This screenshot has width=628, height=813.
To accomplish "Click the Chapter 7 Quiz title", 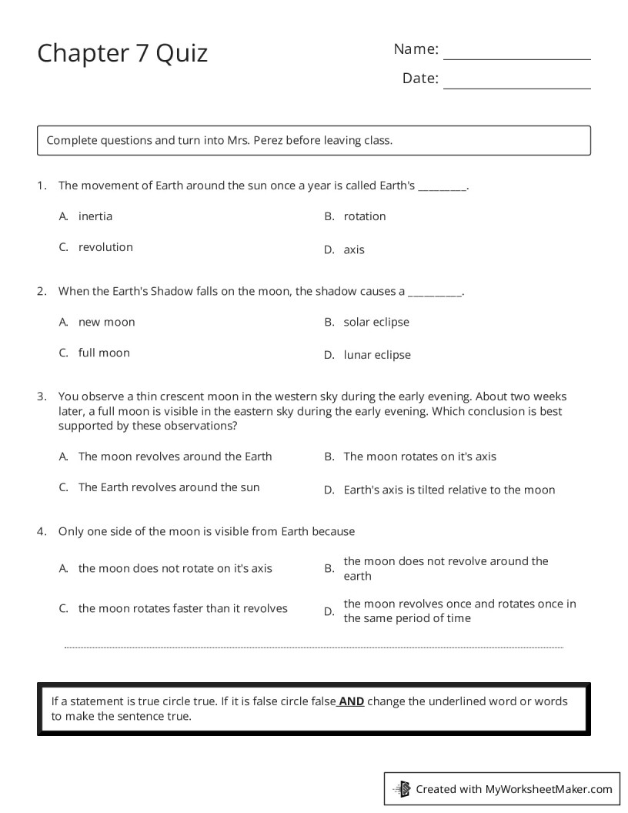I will [x=122, y=53].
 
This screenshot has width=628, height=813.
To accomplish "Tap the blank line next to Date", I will [x=516, y=86].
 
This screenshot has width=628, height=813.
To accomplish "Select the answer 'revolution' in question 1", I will [x=105, y=247].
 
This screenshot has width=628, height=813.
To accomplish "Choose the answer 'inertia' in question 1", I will [x=95, y=216].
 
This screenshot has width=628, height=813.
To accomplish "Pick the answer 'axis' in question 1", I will [x=354, y=249].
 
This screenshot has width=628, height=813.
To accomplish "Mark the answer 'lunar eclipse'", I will [x=377, y=355].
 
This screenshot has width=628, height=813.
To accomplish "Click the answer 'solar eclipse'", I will [x=376, y=322].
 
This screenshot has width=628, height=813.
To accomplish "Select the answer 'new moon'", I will [x=106, y=322].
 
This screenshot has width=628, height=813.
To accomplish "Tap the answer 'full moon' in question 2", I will [x=104, y=353].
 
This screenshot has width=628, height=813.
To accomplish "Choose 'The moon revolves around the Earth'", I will [x=175, y=457].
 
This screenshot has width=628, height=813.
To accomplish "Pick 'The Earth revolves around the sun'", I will [x=169, y=487].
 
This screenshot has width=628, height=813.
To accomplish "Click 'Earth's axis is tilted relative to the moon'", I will [x=449, y=490].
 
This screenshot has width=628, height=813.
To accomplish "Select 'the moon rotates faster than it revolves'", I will [x=182, y=608].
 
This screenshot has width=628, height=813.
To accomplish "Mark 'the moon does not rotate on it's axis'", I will [x=175, y=568].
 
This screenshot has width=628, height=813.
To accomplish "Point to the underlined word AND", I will [x=351, y=701].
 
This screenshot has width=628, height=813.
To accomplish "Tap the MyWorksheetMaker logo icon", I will [x=402, y=788].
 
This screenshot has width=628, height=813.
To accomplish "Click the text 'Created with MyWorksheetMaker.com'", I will [x=514, y=788].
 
